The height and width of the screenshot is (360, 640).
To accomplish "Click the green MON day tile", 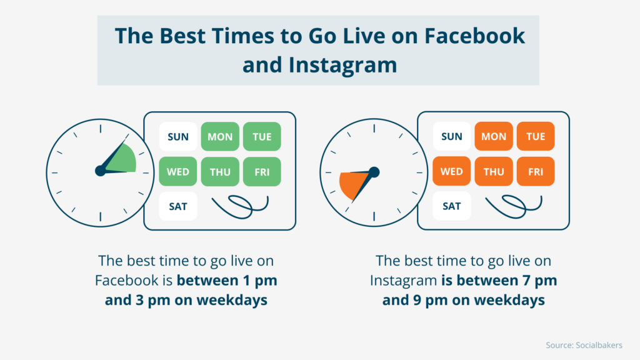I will [x=220, y=136].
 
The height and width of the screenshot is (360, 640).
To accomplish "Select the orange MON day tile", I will [x=494, y=136].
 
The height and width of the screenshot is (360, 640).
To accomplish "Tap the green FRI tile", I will [x=262, y=172].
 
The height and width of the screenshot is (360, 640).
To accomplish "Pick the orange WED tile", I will [x=452, y=172].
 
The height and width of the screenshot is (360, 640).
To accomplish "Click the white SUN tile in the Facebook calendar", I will [x=178, y=136].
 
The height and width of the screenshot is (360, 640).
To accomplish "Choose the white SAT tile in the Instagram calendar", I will [x=452, y=206].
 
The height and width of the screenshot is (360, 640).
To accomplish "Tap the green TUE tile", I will [x=262, y=136].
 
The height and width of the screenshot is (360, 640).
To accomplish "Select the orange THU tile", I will [x=494, y=172].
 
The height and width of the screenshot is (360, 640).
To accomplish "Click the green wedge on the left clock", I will [x=123, y=159].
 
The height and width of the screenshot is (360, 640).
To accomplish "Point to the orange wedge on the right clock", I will [x=350, y=182].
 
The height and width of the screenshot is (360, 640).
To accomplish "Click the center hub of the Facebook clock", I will [x=100, y=171].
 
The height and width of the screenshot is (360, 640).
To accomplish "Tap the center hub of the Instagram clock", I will [x=374, y=171].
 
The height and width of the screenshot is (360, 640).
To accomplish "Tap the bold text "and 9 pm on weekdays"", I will [x=463, y=300].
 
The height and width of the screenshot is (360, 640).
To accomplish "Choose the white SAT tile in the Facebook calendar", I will [x=178, y=206].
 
